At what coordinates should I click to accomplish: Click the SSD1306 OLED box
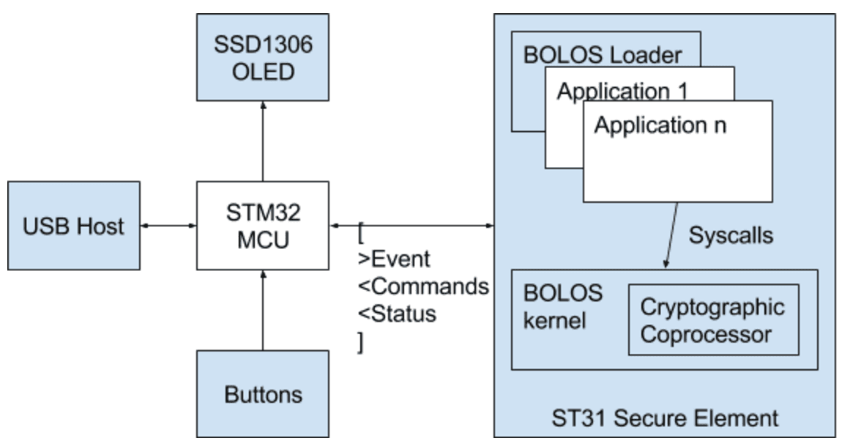coord(263,58)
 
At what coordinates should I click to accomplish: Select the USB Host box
coord(72,226)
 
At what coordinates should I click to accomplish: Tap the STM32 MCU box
coord(263,226)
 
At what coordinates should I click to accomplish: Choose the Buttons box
coord(263,394)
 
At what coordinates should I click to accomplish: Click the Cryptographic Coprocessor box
coord(712,320)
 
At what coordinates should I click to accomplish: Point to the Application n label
coord(660,125)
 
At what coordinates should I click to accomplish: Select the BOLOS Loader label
coord(602,55)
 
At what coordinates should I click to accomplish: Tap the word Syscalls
coord(731,236)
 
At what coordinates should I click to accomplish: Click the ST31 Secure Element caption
coord(664,418)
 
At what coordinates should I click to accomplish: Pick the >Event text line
coord(394,259)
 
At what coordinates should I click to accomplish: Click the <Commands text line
coord(422,286)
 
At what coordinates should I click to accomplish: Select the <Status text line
coord(397,314)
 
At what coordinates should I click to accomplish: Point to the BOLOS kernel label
coord(562,306)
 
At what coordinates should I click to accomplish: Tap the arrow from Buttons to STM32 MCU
coord(263,310)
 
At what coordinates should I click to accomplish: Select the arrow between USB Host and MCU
coord(168,226)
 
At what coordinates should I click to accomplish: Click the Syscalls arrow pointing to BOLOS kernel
coord(674,236)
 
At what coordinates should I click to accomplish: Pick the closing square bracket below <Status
coord(360,342)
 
